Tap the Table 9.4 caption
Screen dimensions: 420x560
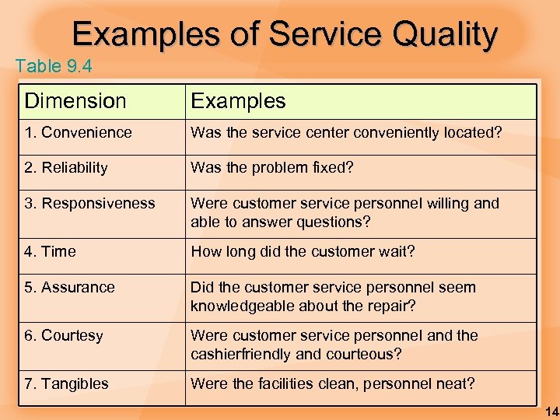(x=54, y=67)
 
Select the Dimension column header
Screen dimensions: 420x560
(x=75, y=101)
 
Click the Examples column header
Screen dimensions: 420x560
(x=238, y=101)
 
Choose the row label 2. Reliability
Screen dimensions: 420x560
(x=66, y=167)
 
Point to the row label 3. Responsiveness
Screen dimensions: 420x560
(x=89, y=204)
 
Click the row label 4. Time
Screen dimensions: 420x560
(x=51, y=251)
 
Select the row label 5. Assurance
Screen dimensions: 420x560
(x=69, y=287)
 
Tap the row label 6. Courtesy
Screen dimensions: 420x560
(x=64, y=335)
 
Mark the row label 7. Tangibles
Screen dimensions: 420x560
(x=67, y=383)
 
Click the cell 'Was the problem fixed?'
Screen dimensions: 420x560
(x=272, y=167)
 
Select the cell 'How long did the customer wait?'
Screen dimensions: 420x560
(x=303, y=251)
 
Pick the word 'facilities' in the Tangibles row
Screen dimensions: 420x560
(x=285, y=383)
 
